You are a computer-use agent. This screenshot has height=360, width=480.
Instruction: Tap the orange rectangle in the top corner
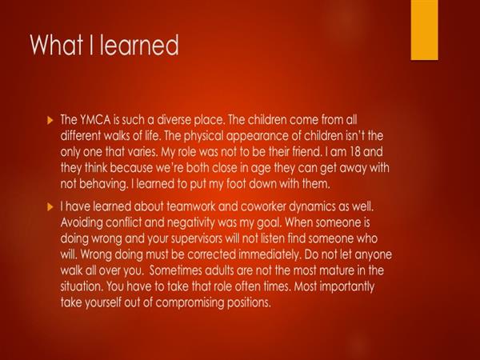424,30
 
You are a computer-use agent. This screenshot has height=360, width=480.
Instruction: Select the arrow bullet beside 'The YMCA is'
50,120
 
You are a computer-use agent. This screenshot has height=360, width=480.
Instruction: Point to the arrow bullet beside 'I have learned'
50,207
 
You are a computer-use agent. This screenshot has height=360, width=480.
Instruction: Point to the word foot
236,184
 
